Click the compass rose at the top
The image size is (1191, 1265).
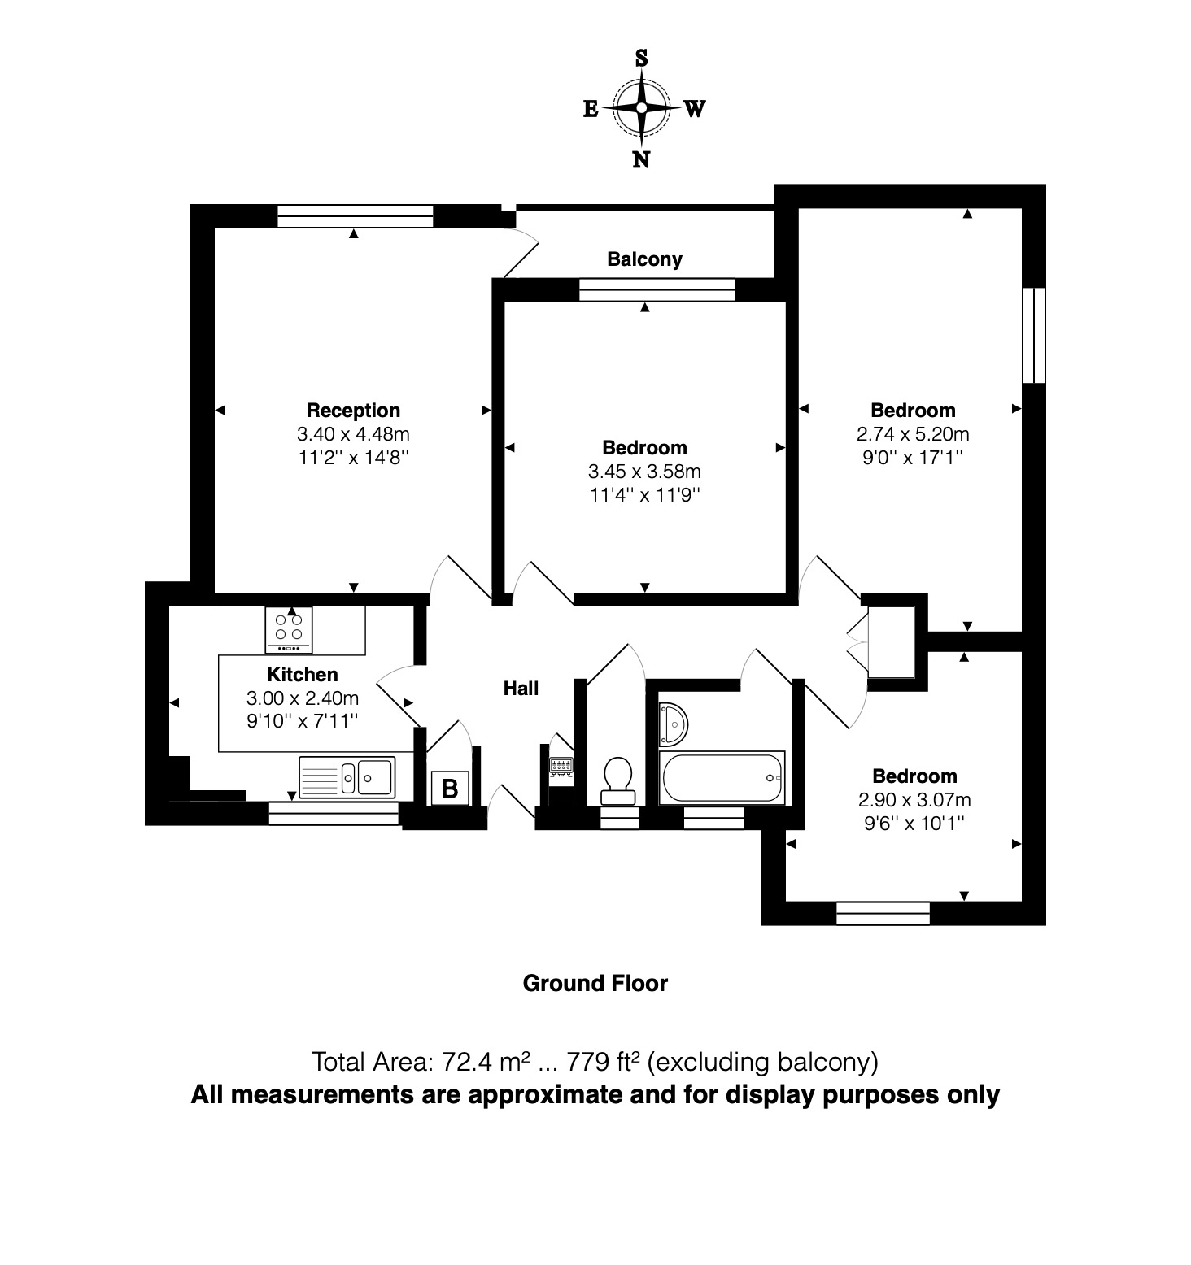(642, 108)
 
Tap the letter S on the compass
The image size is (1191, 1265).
(641, 59)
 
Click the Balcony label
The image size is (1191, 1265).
(644, 259)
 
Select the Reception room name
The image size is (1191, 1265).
(353, 411)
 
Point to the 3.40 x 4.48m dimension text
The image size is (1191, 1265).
(353, 434)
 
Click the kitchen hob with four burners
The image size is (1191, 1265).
(289, 629)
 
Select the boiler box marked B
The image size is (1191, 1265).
(449, 788)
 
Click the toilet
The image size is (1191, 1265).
(618, 777)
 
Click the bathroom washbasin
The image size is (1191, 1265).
(673, 723)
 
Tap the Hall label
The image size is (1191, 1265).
(521, 689)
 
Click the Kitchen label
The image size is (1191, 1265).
(303, 675)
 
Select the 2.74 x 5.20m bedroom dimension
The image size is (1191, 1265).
(913, 434)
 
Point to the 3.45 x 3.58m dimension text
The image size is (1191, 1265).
(644, 472)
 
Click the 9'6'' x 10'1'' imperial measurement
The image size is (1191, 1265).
(914, 824)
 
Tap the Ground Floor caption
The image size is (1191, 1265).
(595, 984)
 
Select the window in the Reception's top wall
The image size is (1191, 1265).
(355, 216)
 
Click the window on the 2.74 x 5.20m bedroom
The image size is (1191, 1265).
(1033, 334)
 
